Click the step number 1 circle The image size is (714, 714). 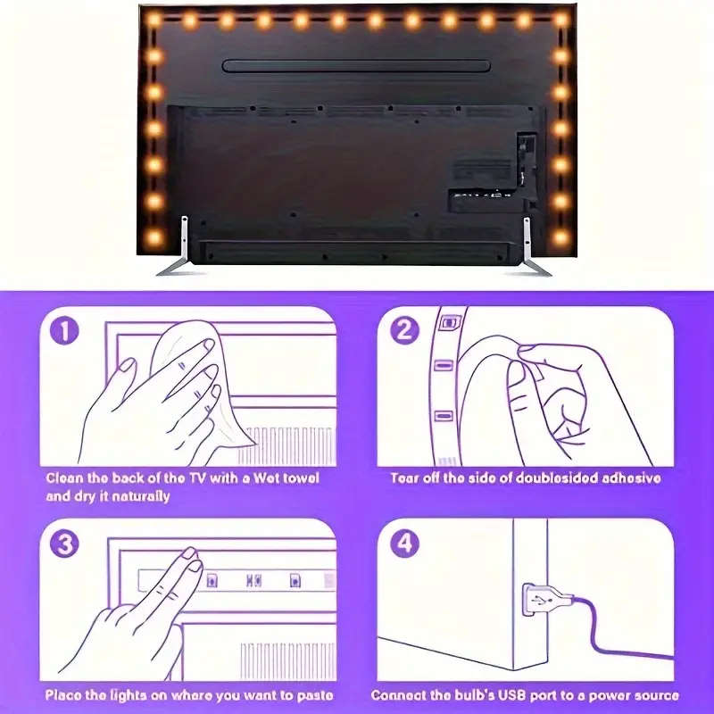[64, 332]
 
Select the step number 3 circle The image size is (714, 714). [64, 544]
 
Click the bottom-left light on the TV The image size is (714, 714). [154, 238]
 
